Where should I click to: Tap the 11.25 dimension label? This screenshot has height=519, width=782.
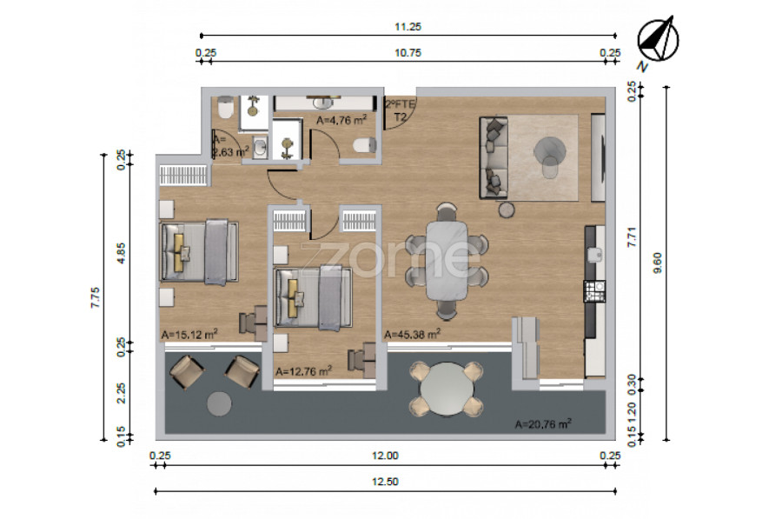click(x=408, y=27)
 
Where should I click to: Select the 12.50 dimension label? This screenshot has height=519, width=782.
click(x=385, y=482)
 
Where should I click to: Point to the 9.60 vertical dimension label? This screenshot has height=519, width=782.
click(x=658, y=263)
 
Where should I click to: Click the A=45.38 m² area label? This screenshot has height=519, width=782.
click(x=412, y=334)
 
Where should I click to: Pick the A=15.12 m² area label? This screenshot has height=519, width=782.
click(x=189, y=334)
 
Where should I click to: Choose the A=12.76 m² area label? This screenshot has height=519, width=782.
click(x=304, y=371)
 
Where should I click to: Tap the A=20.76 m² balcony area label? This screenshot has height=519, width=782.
click(x=543, y=424)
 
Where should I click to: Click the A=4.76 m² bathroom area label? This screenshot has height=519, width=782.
click(x=341, y=120)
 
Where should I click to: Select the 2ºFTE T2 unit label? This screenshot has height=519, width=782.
click(x=400, y=110)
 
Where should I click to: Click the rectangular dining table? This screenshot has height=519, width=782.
click(x=447, y=261)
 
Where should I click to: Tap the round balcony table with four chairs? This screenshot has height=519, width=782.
click(x=447, y=389)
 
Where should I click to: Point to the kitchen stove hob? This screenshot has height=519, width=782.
click(x=594, y=291)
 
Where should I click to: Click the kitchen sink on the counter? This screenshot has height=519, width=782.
click(x=595, y=255)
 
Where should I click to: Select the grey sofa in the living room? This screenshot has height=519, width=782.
click(x=494, y=157)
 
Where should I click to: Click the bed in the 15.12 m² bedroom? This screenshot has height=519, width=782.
click(x=198, y=252)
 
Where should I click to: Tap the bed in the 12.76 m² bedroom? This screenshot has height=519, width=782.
click(x=314, y=298)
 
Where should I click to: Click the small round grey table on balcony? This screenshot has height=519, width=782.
click(x=219, y=403)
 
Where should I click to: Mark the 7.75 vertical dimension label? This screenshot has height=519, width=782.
click(x=96, y=297)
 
